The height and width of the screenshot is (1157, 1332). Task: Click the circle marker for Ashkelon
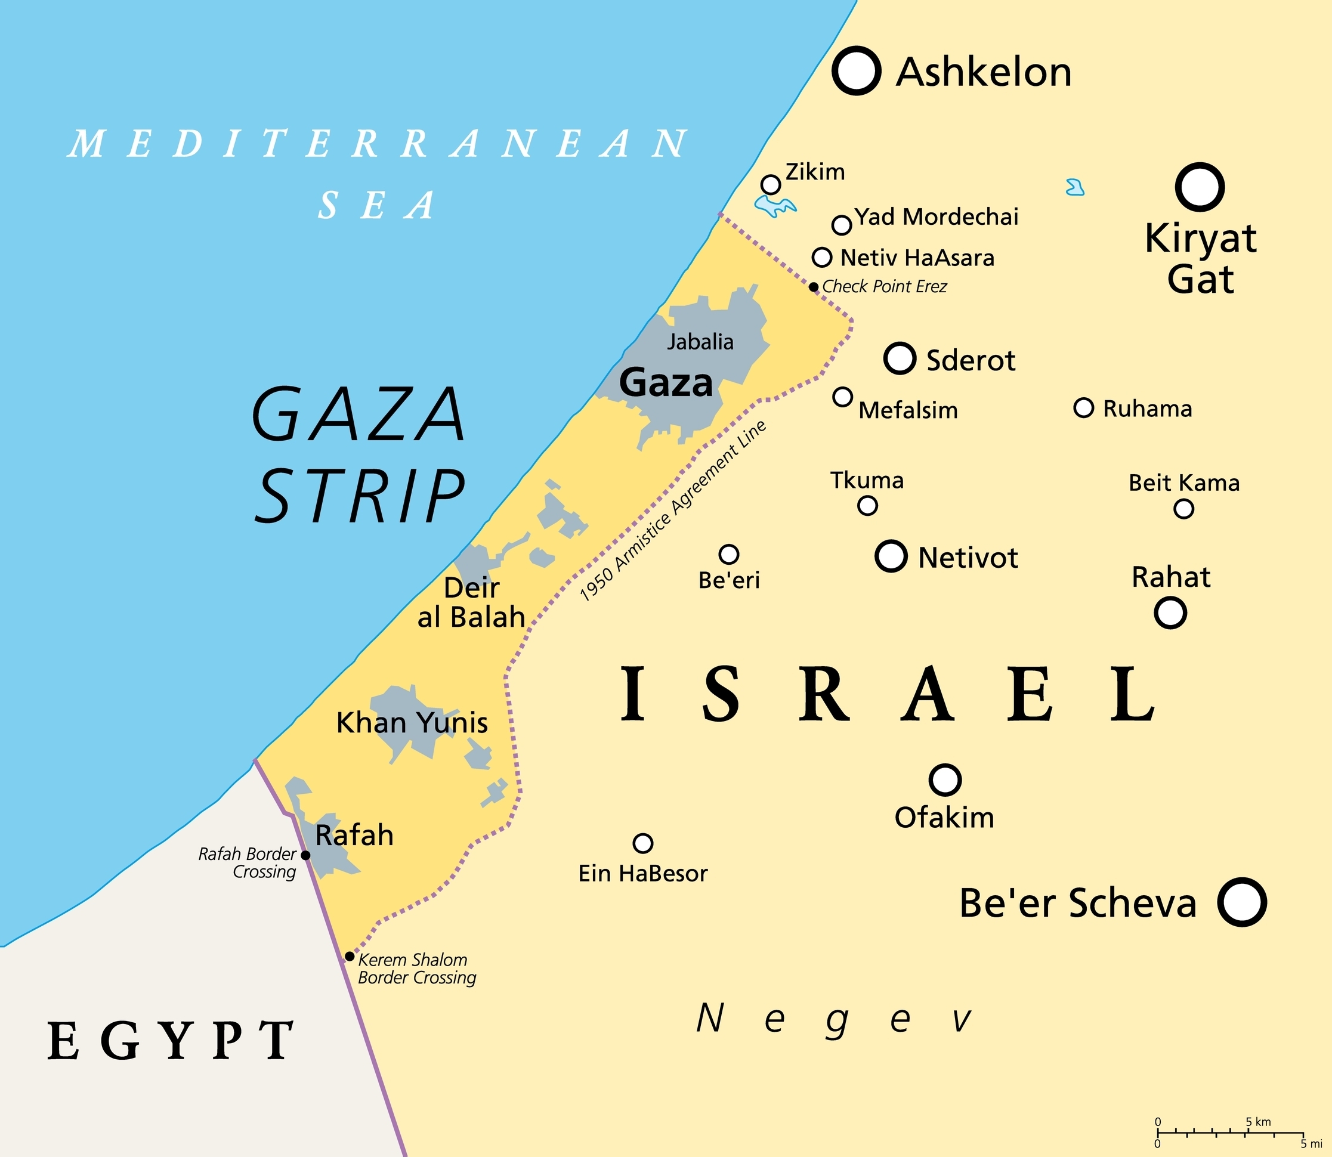coord(856,71)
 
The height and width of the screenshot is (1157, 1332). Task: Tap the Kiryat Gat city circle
coord(1199,187)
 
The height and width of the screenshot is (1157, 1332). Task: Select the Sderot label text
coord(971,360)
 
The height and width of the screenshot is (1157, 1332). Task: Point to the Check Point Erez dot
coord(814,287)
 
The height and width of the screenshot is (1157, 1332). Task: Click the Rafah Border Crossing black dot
coord(306,855)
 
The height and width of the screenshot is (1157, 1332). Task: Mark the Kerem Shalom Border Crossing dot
coord(350,956)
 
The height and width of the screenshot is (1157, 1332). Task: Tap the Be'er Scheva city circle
coord(1241,902)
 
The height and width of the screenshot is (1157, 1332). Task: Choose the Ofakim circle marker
coord(945,780)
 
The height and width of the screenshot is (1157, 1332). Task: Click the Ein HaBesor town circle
coord(642,843)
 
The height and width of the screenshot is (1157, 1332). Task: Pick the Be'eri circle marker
coord(728,554)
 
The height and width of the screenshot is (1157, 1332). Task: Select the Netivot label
coord(968,558)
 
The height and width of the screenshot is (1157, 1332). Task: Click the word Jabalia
coord(700,342)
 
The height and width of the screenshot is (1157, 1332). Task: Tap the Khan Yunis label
coord(412,722)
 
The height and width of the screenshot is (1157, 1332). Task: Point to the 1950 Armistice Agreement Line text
coord(673,511)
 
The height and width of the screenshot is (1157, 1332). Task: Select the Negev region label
coord(833,1020)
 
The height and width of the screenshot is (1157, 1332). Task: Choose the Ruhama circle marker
coord(1083,408)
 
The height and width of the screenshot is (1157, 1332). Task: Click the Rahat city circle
coord(1170,612)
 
